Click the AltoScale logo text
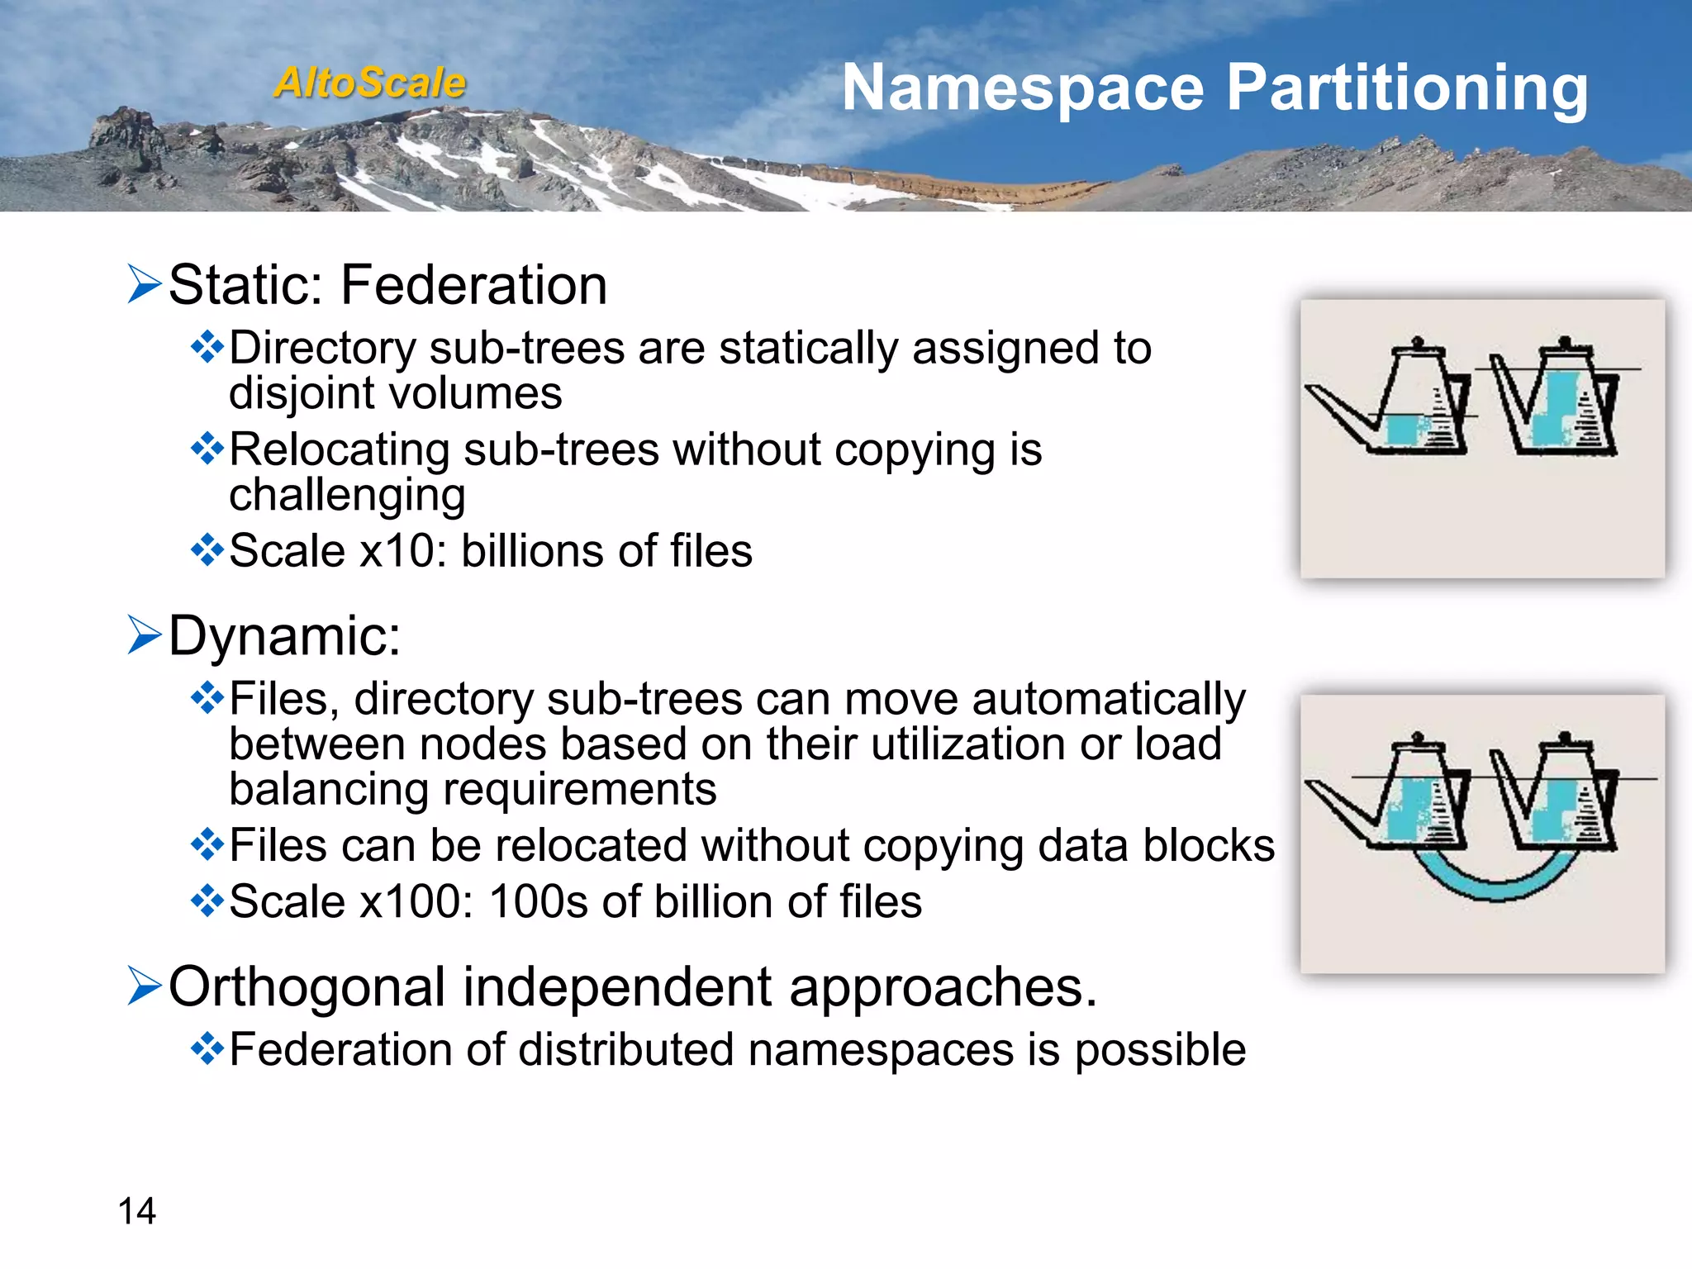tap(369, 83)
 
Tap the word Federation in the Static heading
tap(473, 285)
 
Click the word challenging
tap(347, 495)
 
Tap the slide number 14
tap(136, 1211)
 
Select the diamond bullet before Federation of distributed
tap(207, 1050)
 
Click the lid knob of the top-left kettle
tap(1418, 341)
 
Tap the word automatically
tap(1108, 699)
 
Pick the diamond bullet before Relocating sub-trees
tap(207, 449)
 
